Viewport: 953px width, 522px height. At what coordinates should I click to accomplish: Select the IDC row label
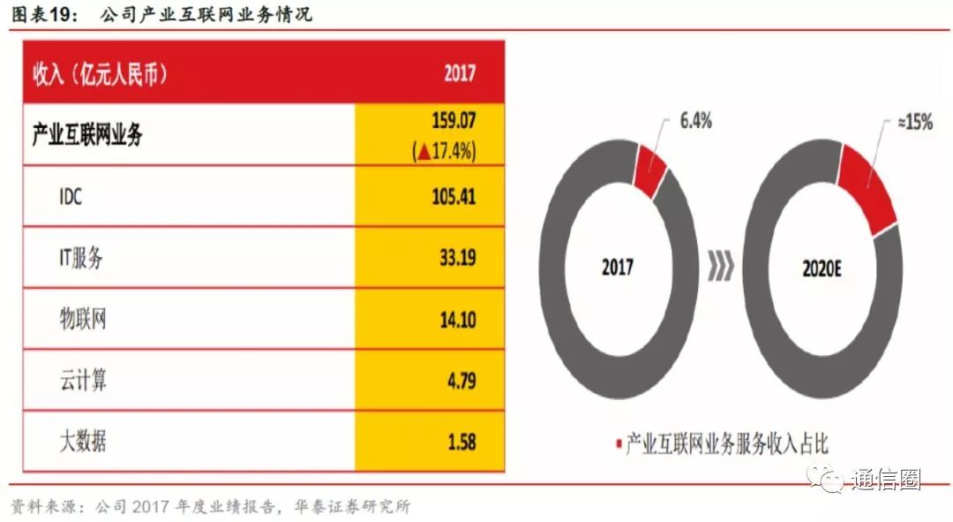click(x=71, y=196)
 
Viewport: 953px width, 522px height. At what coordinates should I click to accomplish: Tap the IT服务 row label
click(x=82, y=258)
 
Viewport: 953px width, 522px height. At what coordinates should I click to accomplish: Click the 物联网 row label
click(x=82, y=319)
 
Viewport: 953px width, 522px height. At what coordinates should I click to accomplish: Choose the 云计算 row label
click(x=82, y=381)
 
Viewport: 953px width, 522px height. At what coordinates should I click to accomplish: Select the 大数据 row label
click(x=82, y=441)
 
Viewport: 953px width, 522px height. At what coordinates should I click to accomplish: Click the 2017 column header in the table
click(x=459, y=72)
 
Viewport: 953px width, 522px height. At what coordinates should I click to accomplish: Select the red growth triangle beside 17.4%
click(x=424, y=151)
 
